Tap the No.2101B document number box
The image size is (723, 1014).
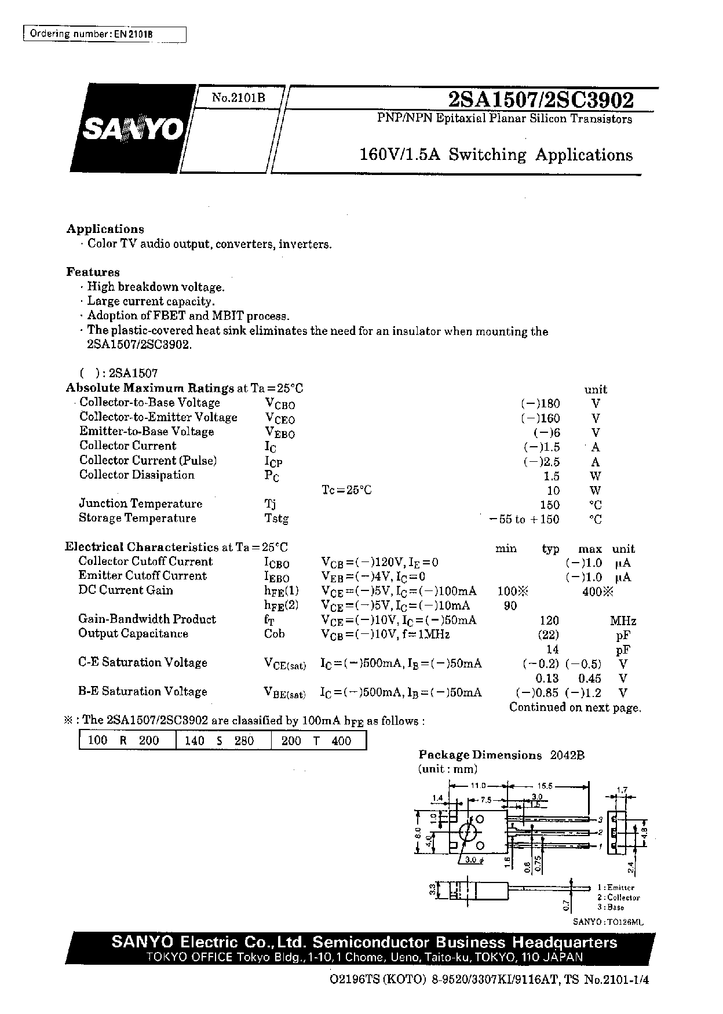238,99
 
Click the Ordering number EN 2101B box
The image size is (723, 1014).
104,34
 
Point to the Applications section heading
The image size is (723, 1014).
105,229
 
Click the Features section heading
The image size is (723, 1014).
93,272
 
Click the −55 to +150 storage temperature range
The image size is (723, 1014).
524,519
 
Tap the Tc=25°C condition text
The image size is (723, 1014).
346,490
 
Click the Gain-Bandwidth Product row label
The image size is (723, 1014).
147,619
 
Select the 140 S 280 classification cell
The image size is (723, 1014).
224,741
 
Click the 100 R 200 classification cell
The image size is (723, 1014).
127,741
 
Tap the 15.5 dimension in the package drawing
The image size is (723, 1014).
546,786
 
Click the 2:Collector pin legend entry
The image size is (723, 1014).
618,898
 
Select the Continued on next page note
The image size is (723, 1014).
575,707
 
